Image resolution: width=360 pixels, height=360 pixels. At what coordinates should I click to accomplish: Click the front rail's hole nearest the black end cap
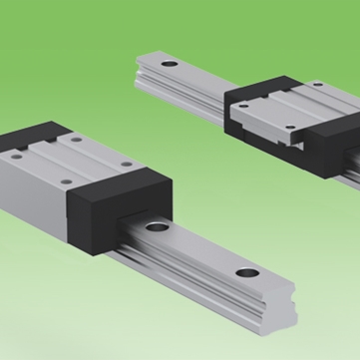tap(157, 230)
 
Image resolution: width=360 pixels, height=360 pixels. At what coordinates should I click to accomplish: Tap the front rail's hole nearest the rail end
tap(244, 274)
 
